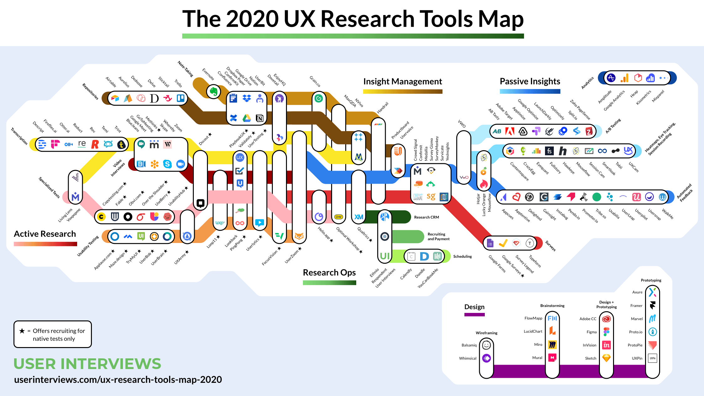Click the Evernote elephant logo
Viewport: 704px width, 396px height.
click(214, 92)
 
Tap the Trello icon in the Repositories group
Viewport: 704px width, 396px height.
click(181, 98)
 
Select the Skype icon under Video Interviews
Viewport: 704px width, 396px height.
click(167, 164)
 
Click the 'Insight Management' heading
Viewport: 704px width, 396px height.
click(402, 82)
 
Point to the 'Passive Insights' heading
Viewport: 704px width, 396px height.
click(530, 82)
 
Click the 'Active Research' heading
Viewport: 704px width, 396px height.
click(45, 234)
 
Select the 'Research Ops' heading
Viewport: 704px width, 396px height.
click(329, 272)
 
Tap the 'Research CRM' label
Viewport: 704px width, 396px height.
click(426, 217)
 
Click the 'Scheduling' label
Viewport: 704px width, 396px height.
click(462, 256)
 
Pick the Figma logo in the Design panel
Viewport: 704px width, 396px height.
click(606, 332)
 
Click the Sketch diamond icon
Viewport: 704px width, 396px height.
click(606, 358)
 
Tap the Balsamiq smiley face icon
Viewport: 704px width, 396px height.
click(486, 345)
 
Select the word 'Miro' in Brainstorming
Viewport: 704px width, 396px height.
click(538, 345)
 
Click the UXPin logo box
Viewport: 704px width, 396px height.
click(652, 358)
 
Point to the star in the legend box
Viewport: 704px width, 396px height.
click(22, 331)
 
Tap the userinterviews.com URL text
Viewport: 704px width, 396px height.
click(118, 380)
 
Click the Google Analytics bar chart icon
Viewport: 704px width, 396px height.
click(624, 78)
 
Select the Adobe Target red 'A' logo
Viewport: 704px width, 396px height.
click(510, 131)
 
